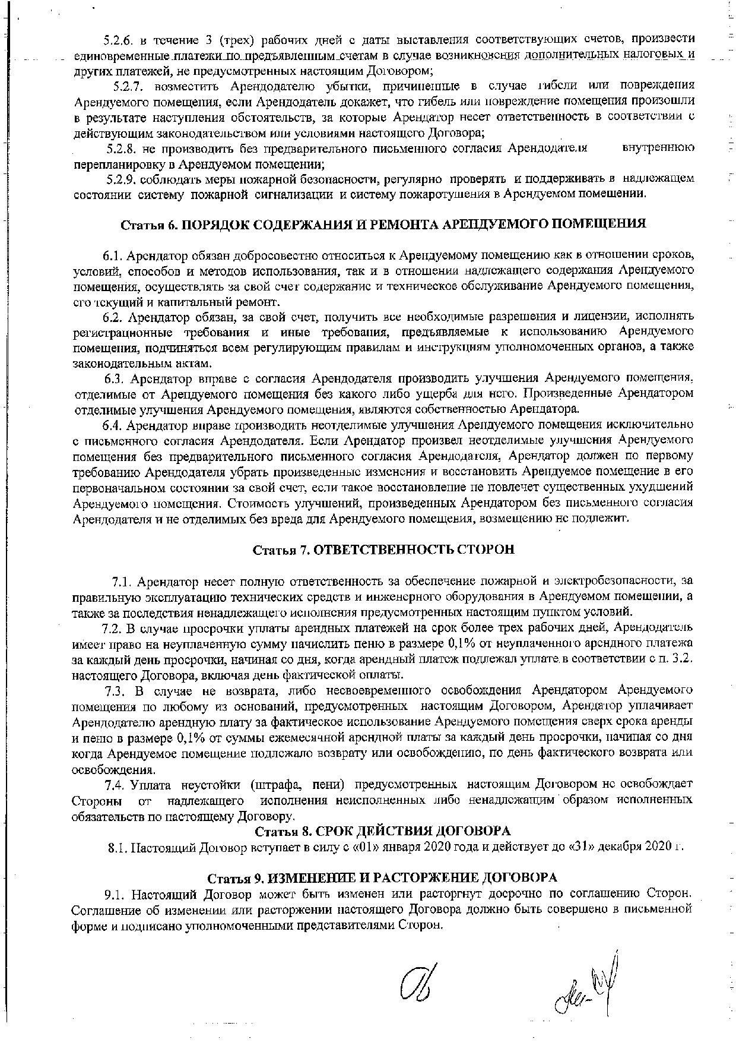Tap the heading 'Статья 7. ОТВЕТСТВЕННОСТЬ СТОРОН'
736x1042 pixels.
(383, 550)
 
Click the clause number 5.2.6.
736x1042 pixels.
(118, 40)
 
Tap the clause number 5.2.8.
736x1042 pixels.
(121, 147)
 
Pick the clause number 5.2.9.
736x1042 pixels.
(121, 179)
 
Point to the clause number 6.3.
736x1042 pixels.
(115, 378)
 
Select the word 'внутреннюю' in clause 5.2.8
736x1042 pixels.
(659, 147)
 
